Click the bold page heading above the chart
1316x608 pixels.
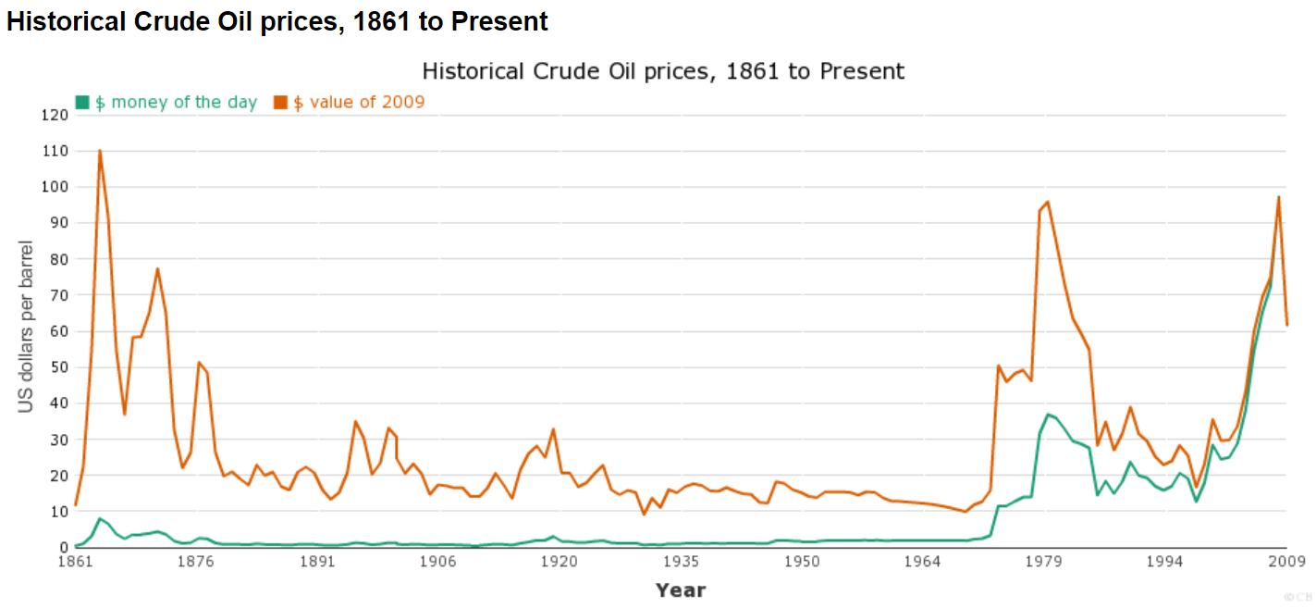[x=277, y=20]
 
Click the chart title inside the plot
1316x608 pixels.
[x=662, y=71]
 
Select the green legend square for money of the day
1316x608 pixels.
[x=82, y=103]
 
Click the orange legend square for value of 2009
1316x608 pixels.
[x=280, y=103]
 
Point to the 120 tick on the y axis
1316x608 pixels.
[x=55, y=116]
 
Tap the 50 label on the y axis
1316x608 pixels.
[x=59, y=368]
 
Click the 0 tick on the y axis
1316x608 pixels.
[x=64, y=548]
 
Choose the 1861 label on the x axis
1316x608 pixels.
[x=75, y=562]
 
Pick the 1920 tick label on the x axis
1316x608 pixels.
[x=560, y=562]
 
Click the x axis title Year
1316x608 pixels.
[x=681, y=589]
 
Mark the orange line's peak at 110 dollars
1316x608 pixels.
[x=100, y=151]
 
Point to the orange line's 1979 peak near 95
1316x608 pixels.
[x=1048, y=202]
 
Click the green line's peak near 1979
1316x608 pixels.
[x=1048, y=415]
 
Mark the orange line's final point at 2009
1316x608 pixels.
[x=1286, y=325]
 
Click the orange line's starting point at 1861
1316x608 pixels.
[x=76, y=505]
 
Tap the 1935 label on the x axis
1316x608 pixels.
[x=681, y=562]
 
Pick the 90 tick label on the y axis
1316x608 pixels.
[x=59, y=224]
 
